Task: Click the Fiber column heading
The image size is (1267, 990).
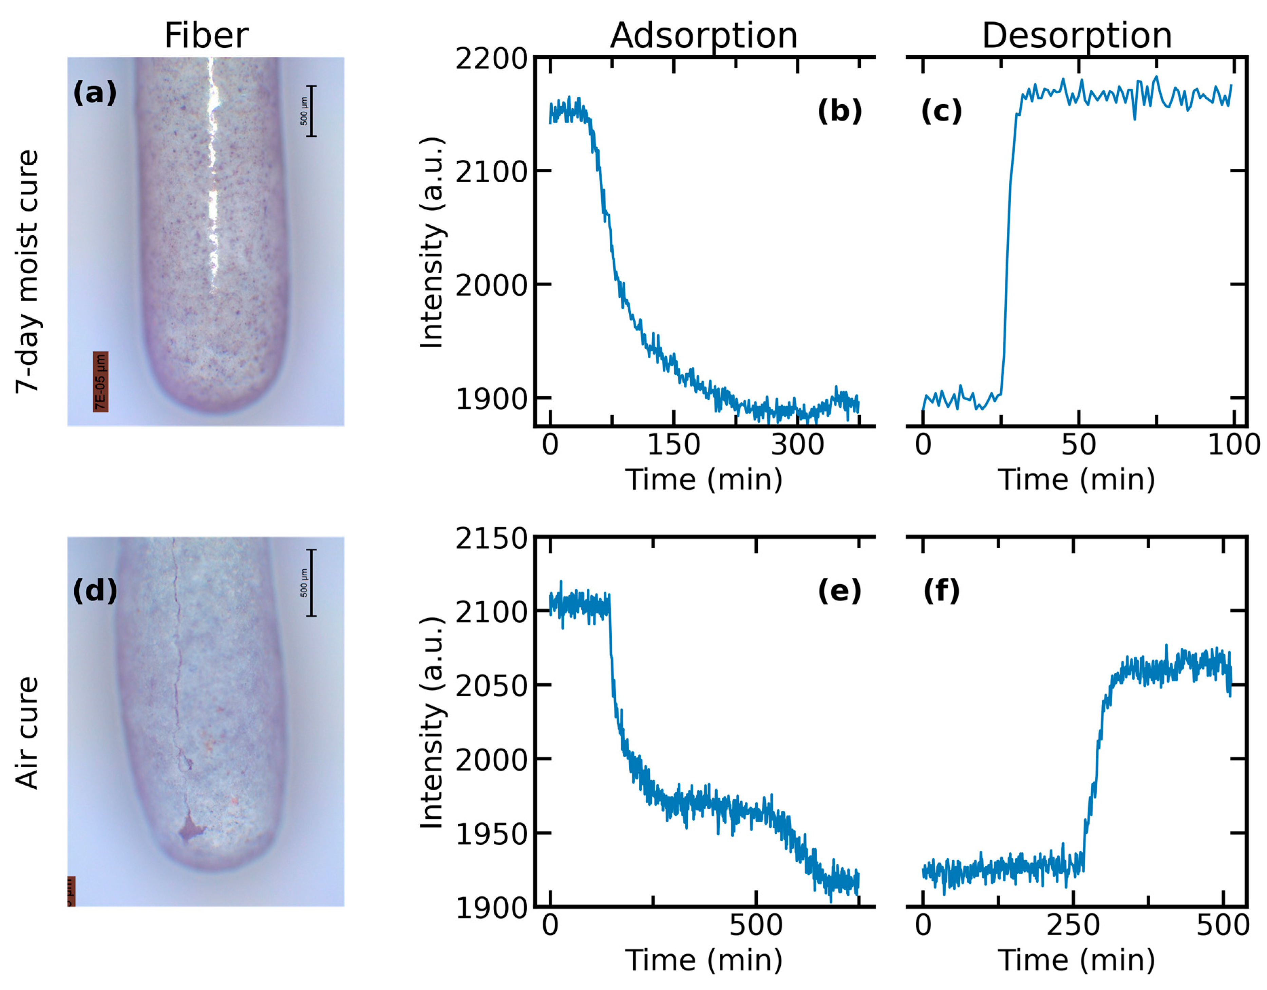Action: pyautogui.click(x=206, y=36)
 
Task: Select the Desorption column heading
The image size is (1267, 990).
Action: pyautogui.click(x=1077, y=36)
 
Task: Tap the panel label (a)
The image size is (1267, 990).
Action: pyautogui.click(x=95, y=93)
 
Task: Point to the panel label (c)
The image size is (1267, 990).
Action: pyautogui.click(x=941, y=111)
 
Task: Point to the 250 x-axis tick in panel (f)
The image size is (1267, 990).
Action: pyautogui.click(x=1073, y=925)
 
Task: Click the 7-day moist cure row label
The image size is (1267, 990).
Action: pyautogui.click(x=27, y=272)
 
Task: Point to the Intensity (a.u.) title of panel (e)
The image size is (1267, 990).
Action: pyautogui.click(x=432, y=723)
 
